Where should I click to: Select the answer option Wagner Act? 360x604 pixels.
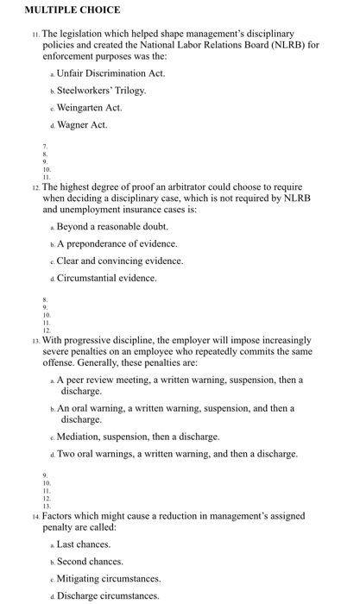(x=82, y=126)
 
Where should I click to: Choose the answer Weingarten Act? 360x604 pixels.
(x=90, y=108)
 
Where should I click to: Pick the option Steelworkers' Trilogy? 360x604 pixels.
(x=101, y=90)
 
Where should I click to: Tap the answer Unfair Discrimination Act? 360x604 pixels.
(x=111, y=72)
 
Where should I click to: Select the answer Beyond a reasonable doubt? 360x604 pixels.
(x=112, y=226)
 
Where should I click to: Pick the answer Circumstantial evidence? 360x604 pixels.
(x=107, y=279)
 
